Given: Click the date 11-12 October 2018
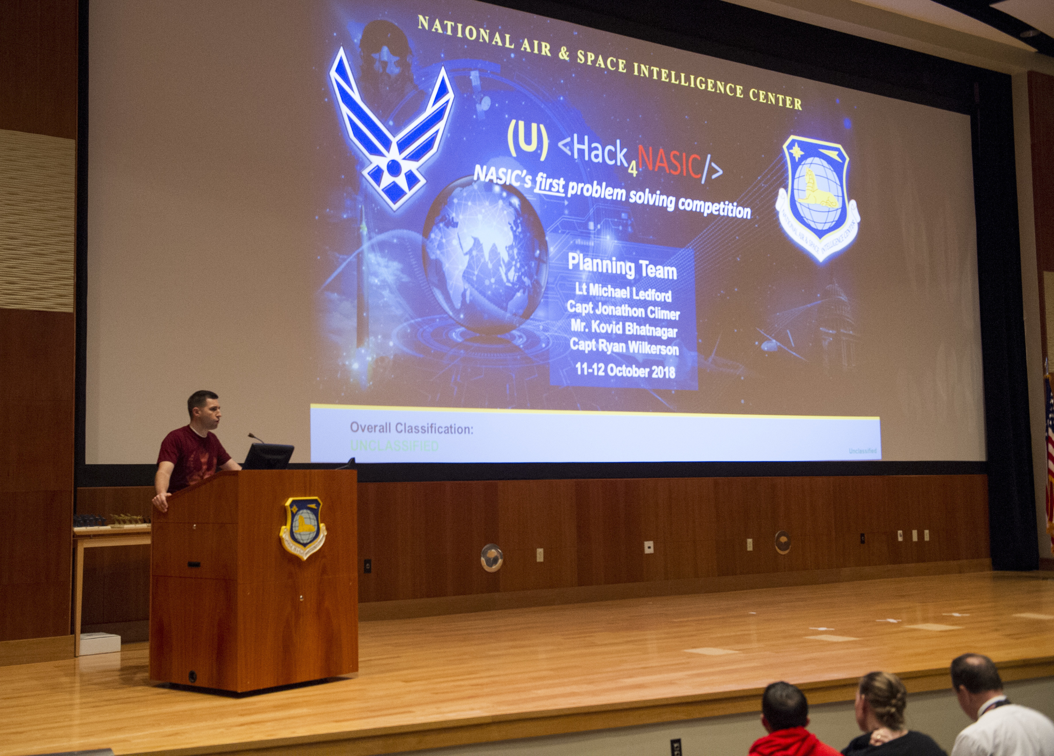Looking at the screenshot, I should (625, 370).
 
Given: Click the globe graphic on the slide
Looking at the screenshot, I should (485, 256).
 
